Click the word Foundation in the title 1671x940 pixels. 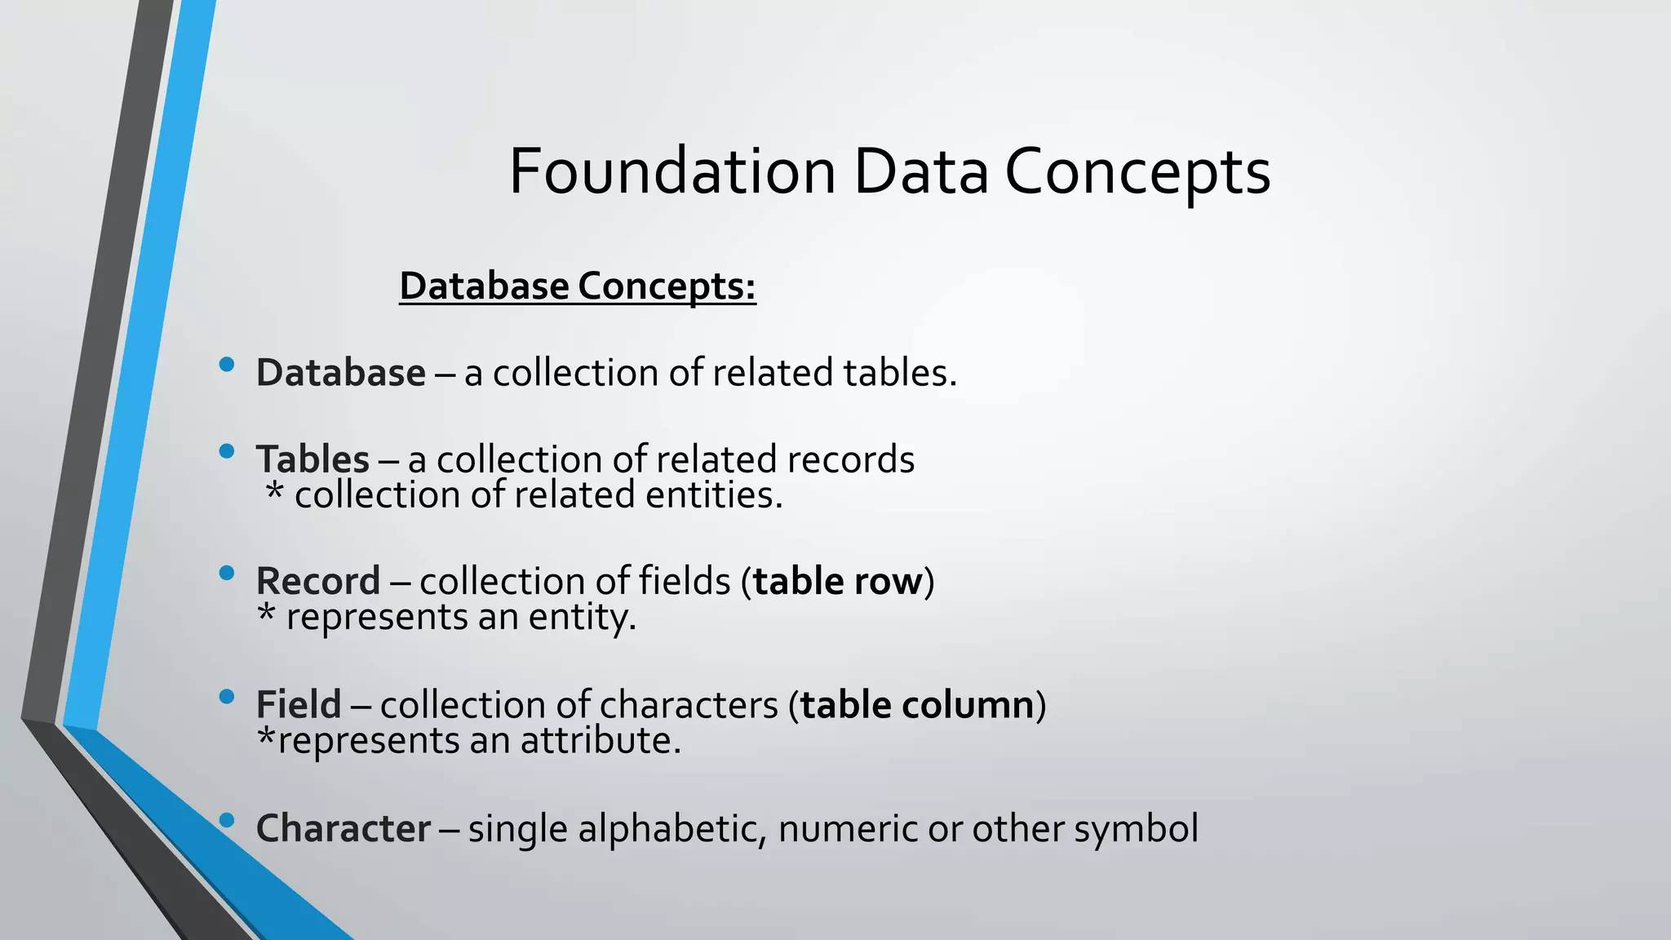pos(672,171)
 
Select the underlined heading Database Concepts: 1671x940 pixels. pos(578,286)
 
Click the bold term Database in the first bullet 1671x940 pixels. pos(340,373)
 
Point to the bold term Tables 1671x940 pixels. pos(312,459)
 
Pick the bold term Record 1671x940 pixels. pos(318,582)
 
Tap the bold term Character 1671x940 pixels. pos(344,829)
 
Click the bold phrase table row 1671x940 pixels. pos(837,582)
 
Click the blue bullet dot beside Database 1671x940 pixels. pos(227,365)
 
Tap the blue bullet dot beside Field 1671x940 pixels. pos(227,697)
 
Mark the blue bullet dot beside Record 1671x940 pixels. pos(227,574)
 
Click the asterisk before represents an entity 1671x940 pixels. pos(266,614)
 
